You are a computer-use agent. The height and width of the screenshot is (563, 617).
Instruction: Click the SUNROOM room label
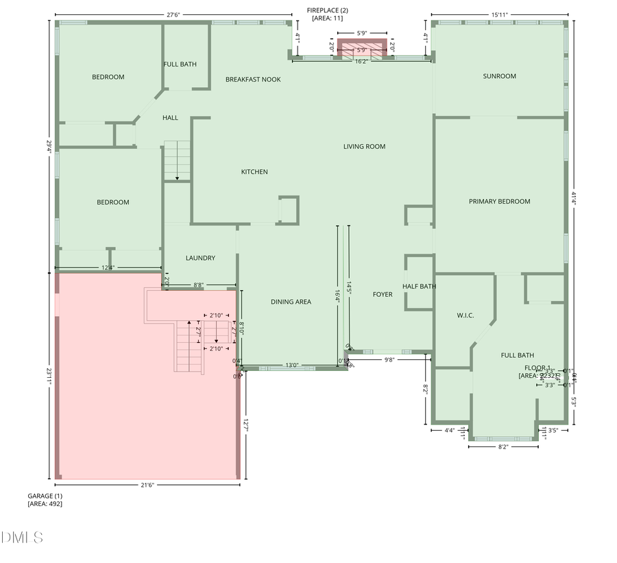(499, 76)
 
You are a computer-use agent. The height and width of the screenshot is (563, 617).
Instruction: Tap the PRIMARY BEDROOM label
(499, 202)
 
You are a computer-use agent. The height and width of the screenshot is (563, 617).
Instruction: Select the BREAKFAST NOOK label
(253, 80)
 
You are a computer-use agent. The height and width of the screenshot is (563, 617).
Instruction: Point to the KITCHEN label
(254, 171)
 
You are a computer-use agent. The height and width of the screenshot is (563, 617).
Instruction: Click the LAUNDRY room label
(200, 258)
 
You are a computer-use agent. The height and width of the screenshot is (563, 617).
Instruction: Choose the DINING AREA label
(291, 302)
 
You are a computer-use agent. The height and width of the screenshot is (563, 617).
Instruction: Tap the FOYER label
(383, 295)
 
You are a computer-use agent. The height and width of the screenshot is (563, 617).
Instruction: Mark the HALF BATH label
(420, 287)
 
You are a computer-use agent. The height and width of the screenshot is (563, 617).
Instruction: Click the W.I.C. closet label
(466, 316)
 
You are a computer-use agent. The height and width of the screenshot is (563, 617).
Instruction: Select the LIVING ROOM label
(364, 146)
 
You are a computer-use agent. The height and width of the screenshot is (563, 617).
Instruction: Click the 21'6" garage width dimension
(147, 485)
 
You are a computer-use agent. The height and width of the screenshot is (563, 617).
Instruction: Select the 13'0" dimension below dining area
(292, 365)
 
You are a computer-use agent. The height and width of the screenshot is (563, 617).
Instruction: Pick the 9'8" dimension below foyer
(389, 359)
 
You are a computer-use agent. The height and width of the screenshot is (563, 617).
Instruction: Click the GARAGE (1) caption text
(45, 495)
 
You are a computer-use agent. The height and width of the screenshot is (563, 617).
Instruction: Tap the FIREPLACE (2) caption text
(328, 10)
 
